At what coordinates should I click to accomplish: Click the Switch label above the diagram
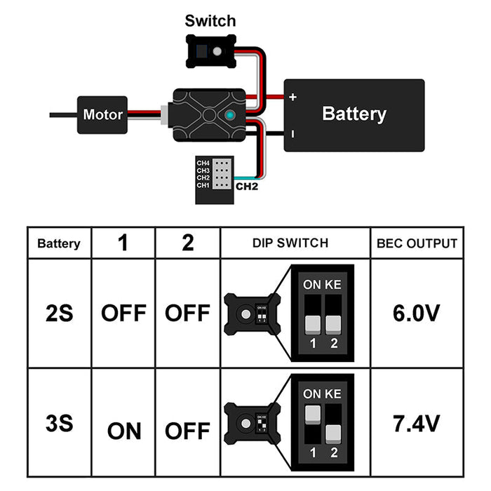pos(210,20)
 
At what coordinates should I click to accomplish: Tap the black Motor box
pos(102,114)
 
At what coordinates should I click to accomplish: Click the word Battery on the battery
pos(354,114)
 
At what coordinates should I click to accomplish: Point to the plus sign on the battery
pos(292,97)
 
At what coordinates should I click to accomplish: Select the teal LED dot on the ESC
pos(231,115)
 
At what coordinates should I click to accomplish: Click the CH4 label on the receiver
pos(203,163)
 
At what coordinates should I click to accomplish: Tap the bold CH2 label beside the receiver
pos(247,187)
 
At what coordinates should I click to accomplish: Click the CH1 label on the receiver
pos(203,186)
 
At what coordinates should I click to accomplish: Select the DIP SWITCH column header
pos(295,243)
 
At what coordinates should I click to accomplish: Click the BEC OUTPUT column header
pos(417,243)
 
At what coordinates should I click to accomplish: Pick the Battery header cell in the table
pos(59,244)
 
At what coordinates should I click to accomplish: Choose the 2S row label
pos(59,312)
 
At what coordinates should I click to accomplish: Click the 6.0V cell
pos(417,312)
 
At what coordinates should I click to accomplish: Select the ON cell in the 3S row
pos(123,430)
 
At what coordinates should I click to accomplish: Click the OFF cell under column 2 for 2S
pos(187,312)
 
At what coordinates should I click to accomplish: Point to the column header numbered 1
pos(123,243)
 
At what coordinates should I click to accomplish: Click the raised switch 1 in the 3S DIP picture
pos(311,413)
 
